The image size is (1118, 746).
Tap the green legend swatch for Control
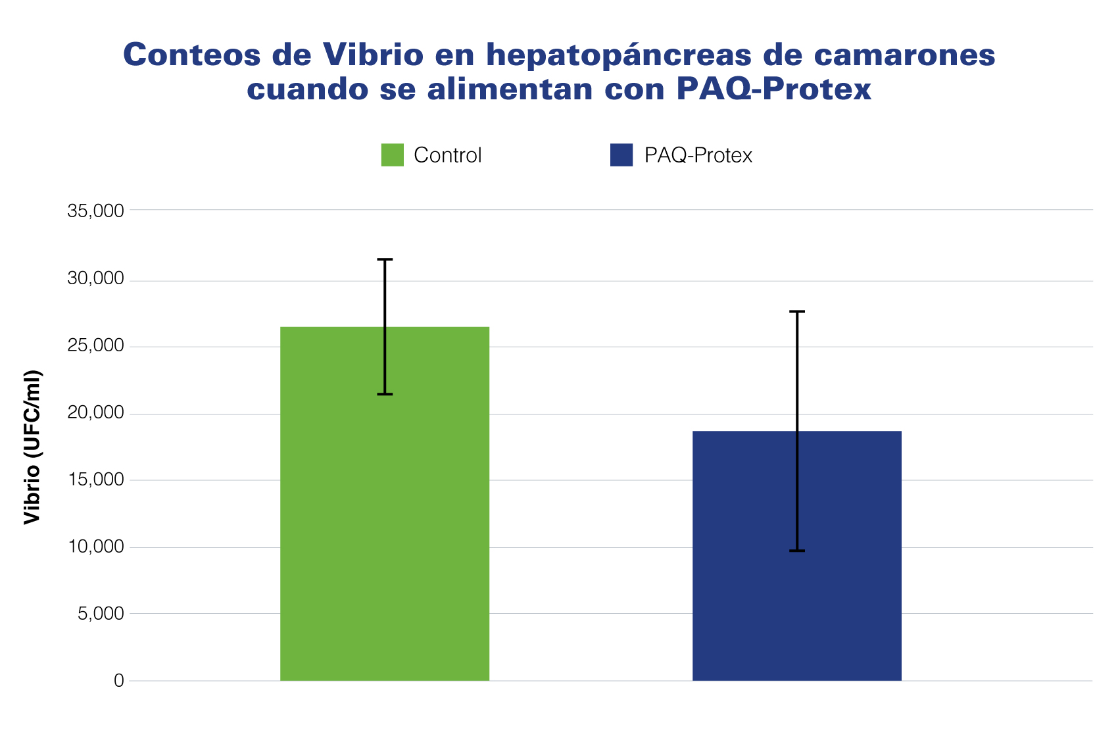point(393,155)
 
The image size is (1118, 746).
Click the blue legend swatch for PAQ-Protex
point(621,155)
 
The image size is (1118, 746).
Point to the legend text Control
point(448,155)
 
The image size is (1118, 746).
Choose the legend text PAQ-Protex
point(698,155)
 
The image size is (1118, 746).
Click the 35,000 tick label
point(95,211)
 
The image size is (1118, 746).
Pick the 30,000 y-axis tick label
point(95,278)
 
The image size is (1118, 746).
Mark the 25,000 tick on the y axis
point(95,345)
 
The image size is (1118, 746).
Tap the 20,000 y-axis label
point(95,412)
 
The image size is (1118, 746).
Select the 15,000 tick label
point(95,480)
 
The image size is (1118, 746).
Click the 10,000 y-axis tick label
point(95,547)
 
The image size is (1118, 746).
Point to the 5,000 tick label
point(101,614)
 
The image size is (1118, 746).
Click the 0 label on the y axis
point(119,681)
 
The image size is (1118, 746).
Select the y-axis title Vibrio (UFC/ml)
point(32,447)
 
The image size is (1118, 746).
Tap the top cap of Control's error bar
point(385,260)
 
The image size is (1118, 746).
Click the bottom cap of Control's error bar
point(385,394)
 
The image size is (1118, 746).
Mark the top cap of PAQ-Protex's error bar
point(797,312)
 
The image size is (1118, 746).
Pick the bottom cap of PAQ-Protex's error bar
point(797,551)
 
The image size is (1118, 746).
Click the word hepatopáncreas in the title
point(618,55)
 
